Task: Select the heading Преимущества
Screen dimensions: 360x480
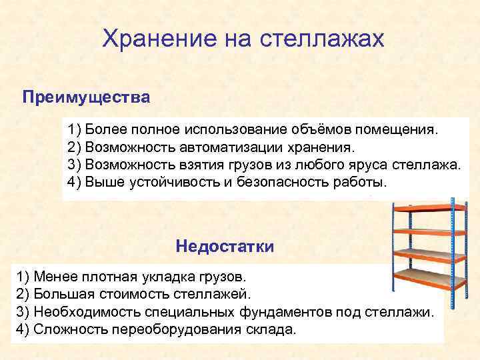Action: (87, 98)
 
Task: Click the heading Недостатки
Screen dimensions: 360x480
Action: (225, 246)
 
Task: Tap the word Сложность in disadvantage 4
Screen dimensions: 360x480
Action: (66, 330)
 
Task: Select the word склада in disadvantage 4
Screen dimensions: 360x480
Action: (270, 330)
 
